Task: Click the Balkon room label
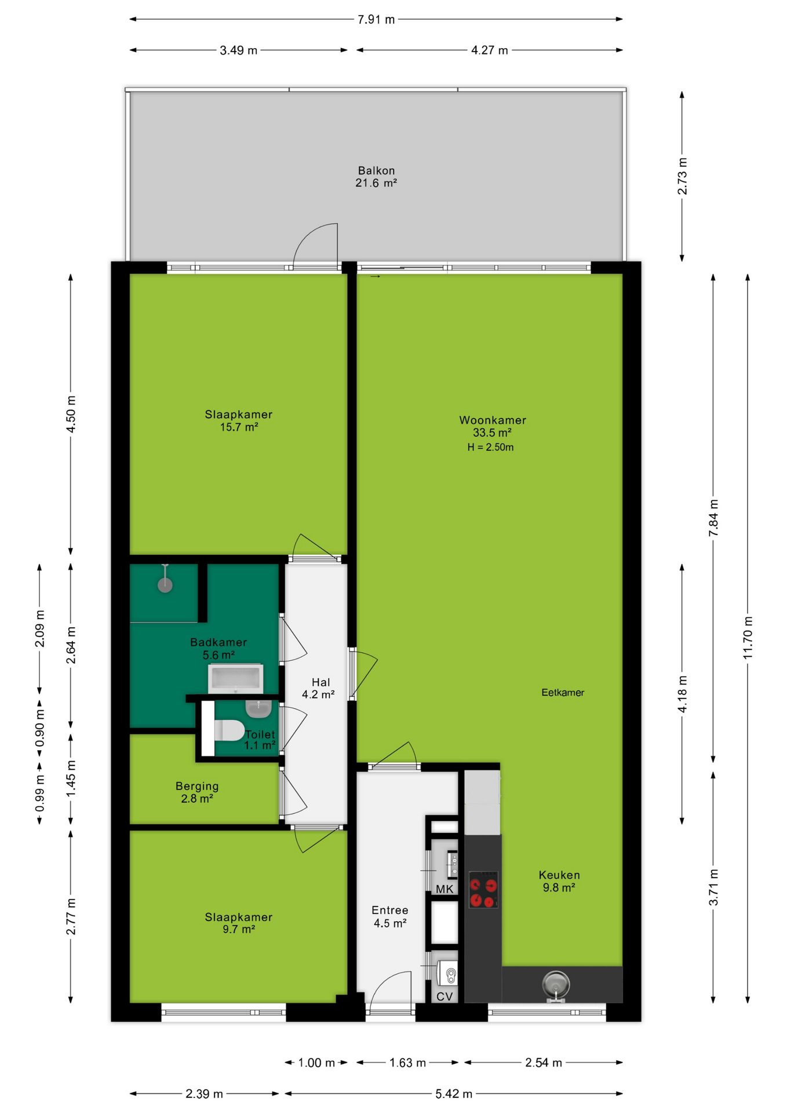pyautogui.click(x=376, y=177)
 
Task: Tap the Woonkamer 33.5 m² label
pyautogui.click(x=493, y=426)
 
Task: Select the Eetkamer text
pyautogui.click(x=563, y=692)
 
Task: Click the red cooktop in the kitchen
pyautogui.click(x=483, y=889)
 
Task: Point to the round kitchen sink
pyautogui.click(x=556, y=984)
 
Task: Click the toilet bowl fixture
pyautogui.click(x=229, y=730)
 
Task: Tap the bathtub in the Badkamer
pyautogui.click(x=235, y=679)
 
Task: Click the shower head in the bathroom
pyautogui.click(x=165, y=585)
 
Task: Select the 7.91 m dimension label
pyautogui.click(x=376, y=19)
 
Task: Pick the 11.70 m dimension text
pyautogui.click(x=748, y=637)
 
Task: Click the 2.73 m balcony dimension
pyautogui.click(x=682, y=176)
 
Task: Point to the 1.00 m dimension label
pyautogui.click(x=316, y=1063)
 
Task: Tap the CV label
pyautogui.click(x=444, y=996)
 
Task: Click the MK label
pyautogui.click(x=444, y=889)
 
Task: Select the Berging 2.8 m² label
pyautogui.click(x=197, y=792)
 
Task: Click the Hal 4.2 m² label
pyautogui.click(x=319, y=688)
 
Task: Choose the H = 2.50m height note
pyautogui.click(x=490, y=447)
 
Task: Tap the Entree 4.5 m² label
pyautogui.click(x=390, y=916)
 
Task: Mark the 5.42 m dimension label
pyautogui.click(x=454, y=1094)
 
